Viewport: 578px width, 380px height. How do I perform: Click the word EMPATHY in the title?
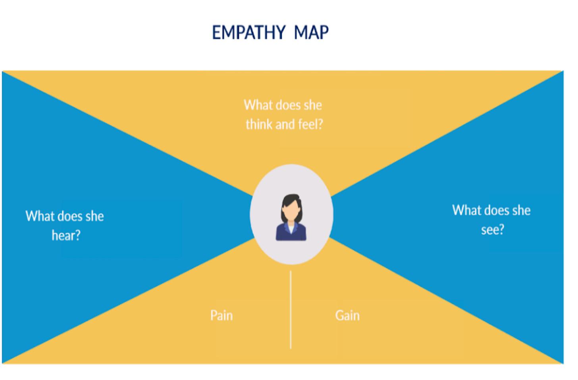click(x=249, y=33)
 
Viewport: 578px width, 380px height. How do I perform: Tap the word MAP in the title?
click(x=311, y=33)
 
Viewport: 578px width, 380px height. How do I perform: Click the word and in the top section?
click(x=285, y=125)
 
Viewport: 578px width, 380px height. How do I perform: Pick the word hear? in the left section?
click(x=66, y=236)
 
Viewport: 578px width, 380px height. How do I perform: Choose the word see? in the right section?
click(x=492, y=230)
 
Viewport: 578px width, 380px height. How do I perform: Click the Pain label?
click(x=222, y=316)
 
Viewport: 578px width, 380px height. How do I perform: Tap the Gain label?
click(x=347, y=316)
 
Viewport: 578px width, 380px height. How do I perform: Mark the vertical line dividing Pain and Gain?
click(x=291, y=309)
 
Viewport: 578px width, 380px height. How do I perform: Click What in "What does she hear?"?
click(x=40, y=216)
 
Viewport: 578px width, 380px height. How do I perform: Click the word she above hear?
click(x=94, y=216)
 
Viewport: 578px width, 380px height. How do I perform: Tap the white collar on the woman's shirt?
click(x=291, y=228)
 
